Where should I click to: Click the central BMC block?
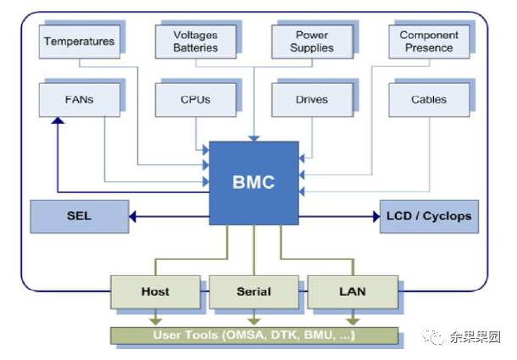coord(253,182)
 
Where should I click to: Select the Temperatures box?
coord(79,42)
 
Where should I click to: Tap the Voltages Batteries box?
coord(196,42)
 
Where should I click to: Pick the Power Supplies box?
coord(311,42)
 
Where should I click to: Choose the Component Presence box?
coord(429,42)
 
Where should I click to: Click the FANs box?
coord(79,99)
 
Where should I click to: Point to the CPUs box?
coord(196,99)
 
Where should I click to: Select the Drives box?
coord(311,99)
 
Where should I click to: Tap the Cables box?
coord(429,99)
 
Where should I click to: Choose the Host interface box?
coord(155,291)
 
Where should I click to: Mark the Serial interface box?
coord(253,291)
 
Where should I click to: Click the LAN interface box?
coord(352,291)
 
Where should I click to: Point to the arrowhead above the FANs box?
coord(56,122)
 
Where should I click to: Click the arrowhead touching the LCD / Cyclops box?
coord(375,216)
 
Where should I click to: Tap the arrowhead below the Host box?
coord(155,319)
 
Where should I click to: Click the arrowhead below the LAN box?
coord(352,319)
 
